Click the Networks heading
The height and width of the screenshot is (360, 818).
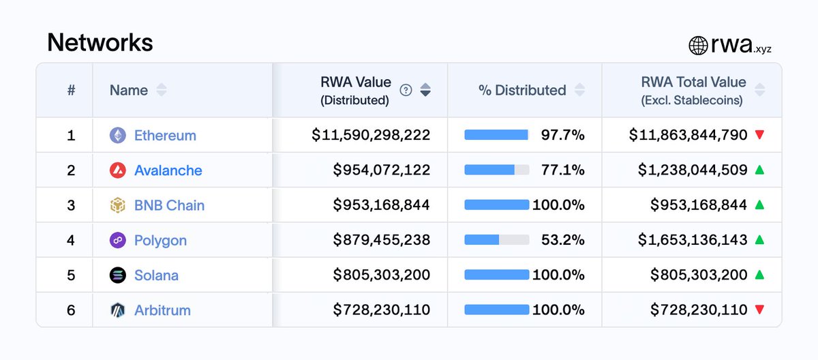pos(100,42)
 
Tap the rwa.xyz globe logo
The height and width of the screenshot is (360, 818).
pos(698,46)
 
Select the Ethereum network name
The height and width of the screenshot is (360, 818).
pos(165,135)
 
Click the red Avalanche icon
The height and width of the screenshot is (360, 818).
pos(118,170)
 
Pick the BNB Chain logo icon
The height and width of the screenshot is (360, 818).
pos(118,205)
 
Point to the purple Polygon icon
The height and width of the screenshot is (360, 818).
pos(118,240)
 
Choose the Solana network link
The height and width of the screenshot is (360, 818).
pos(156,275)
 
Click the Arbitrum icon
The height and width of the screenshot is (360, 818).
pos(118,310)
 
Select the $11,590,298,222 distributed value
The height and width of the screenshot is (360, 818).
pos(371,135)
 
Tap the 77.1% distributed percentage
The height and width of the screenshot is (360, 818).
pos(562,170)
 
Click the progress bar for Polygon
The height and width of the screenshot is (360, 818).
pos(496,240)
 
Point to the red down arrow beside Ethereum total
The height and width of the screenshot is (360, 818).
pos(759,135)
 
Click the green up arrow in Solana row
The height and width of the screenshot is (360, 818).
pos(759,275)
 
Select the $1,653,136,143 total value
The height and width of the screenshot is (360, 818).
pos(693,240)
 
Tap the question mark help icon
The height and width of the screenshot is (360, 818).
pos(406,90)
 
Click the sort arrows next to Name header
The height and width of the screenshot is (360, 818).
pos(161,90)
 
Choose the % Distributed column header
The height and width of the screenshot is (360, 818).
pos(522,90)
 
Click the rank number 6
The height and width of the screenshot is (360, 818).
pos(71,310)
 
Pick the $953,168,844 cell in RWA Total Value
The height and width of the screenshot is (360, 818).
pos(699,205)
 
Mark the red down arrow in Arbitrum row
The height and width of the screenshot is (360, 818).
pos(759,310)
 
